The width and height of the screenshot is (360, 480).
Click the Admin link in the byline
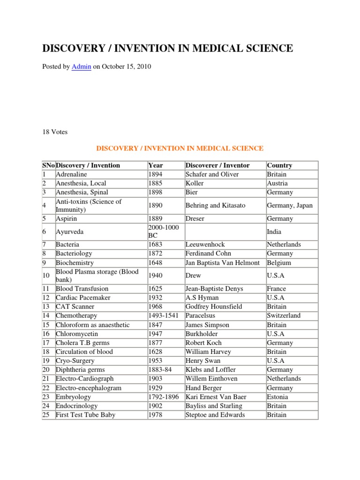point(81,67)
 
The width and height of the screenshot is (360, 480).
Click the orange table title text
point(180,148)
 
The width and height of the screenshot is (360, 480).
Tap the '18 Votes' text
point(55,132)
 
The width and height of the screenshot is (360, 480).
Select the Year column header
point(156,165)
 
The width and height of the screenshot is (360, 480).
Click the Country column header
point(279,165)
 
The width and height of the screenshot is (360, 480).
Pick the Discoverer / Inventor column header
point(217,165)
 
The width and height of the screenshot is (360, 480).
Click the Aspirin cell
point(67,218)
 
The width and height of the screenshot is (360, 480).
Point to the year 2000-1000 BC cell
point(162,232)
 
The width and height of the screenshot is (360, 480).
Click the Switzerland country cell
point(284,315)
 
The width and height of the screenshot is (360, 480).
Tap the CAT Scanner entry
point(75,307)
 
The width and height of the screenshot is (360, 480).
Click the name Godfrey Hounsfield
point(214,307)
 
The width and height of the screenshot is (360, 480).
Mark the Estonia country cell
point(277,397)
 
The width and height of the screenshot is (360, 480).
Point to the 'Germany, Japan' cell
point(290,205)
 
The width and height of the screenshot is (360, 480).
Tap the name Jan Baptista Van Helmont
point(222,263)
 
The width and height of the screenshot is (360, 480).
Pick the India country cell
point(274,232)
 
